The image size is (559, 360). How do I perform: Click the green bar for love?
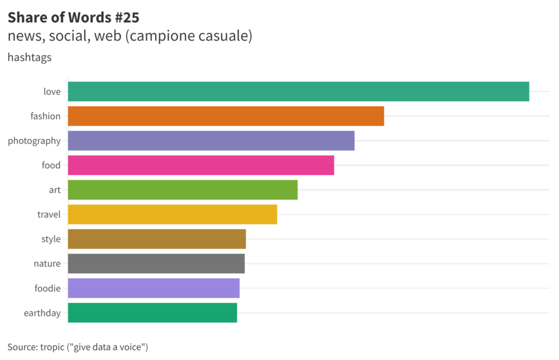pos(298,92)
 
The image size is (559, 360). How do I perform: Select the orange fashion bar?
pos(226,116)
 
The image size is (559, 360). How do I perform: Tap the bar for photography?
pos(211,141)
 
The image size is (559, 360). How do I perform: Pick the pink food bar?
pos(201,165)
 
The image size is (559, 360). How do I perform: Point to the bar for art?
pos(183,190)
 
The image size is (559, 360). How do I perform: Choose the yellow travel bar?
pos(173,214)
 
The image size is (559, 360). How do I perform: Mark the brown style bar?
pos(157,239)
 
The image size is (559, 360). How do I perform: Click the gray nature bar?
pos(156,263)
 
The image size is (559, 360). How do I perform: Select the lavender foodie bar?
pos(154,288)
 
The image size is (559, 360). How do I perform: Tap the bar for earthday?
pos(152,313)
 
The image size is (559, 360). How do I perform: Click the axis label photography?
pos(34,141)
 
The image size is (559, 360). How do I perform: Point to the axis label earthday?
pos(42,313)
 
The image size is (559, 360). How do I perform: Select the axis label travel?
pos(49,214)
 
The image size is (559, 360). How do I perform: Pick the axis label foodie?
pos(47,288)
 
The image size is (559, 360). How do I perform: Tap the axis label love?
pos(52,92)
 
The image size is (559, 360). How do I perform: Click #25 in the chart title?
pos(127,17)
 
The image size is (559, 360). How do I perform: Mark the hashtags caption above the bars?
pos(29,57)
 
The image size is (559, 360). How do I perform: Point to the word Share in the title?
pos(25,17)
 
